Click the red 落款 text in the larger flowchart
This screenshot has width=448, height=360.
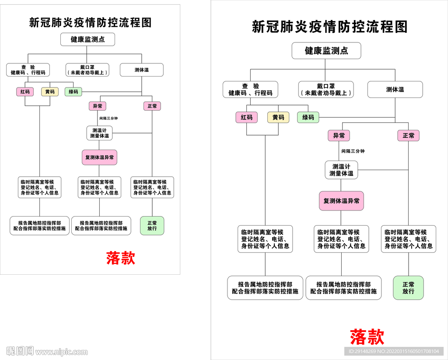coord(367,337)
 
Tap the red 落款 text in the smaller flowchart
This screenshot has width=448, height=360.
coord(121,258)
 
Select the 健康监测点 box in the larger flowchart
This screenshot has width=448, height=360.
coord(326,51)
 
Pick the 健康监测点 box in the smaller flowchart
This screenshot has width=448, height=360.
coord(88,39)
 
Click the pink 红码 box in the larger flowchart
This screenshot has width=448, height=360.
coord(247,117)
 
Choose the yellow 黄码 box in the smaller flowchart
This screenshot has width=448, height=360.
coord(50,92)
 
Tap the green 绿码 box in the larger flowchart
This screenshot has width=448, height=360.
coord(308,117)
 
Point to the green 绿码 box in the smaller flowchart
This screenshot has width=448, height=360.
coord(73,92)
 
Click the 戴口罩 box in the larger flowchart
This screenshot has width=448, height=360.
coord(326,90)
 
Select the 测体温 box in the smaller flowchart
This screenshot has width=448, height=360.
coord(141,70)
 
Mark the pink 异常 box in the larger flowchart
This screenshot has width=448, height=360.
coord(339,136)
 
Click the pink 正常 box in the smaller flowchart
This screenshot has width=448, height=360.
coord(152,106)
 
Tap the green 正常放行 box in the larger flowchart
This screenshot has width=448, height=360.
coord(408,287)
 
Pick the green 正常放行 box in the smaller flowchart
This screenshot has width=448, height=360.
coord(152,226)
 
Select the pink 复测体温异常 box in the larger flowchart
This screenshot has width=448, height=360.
coord(341,201)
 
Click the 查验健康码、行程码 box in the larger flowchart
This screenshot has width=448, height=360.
coord(250,90)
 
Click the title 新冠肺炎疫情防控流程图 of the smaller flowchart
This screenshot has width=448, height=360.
coord(90,22)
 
